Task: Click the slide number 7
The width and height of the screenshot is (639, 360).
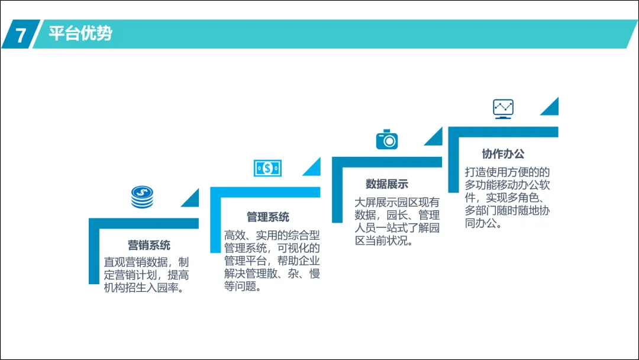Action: pyautogui.click(x=21, y=35)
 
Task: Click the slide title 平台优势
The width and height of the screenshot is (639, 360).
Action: pyautogui.click(x=80, y=34)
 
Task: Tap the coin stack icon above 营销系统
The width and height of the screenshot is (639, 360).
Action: pyautogui.click(x=142, y=197)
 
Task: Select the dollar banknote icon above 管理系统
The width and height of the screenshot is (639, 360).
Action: pyautogui.click(x=267, y=168)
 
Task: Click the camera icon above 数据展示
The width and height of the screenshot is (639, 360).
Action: pyautogui.click(x=387, y=139)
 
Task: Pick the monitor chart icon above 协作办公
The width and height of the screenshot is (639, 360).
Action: pyautogui.click(x=503, y=108)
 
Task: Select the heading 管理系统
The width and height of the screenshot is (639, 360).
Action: pyautogui.click(x=268, y=217)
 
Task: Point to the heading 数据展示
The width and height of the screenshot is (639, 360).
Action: pyautogui.click(x=387, y=184)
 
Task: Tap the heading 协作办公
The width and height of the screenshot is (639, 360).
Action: pyautogui.click(x=503, y=154)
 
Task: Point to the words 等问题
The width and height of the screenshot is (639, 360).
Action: pyautogui.click(x=242, y=288)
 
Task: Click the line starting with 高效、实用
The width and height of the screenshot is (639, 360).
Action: pyautogui.click(x=272, y=235)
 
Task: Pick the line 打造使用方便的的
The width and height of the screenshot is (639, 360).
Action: pyautogui.click(x=507, y=172)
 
